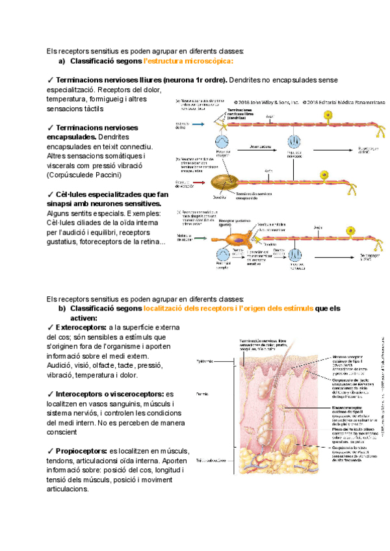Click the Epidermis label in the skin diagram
point(203,361)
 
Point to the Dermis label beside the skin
point(201,393)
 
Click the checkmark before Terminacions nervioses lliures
point(50,79)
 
